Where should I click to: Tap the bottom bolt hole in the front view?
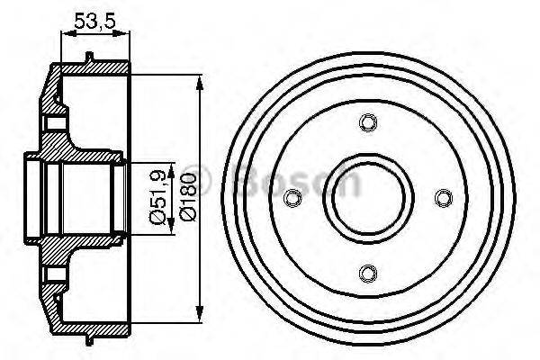coord(365,272)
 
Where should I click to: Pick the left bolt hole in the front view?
coord(291,197)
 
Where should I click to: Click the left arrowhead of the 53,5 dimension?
coord(63,34)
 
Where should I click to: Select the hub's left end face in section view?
coord(26,198)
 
